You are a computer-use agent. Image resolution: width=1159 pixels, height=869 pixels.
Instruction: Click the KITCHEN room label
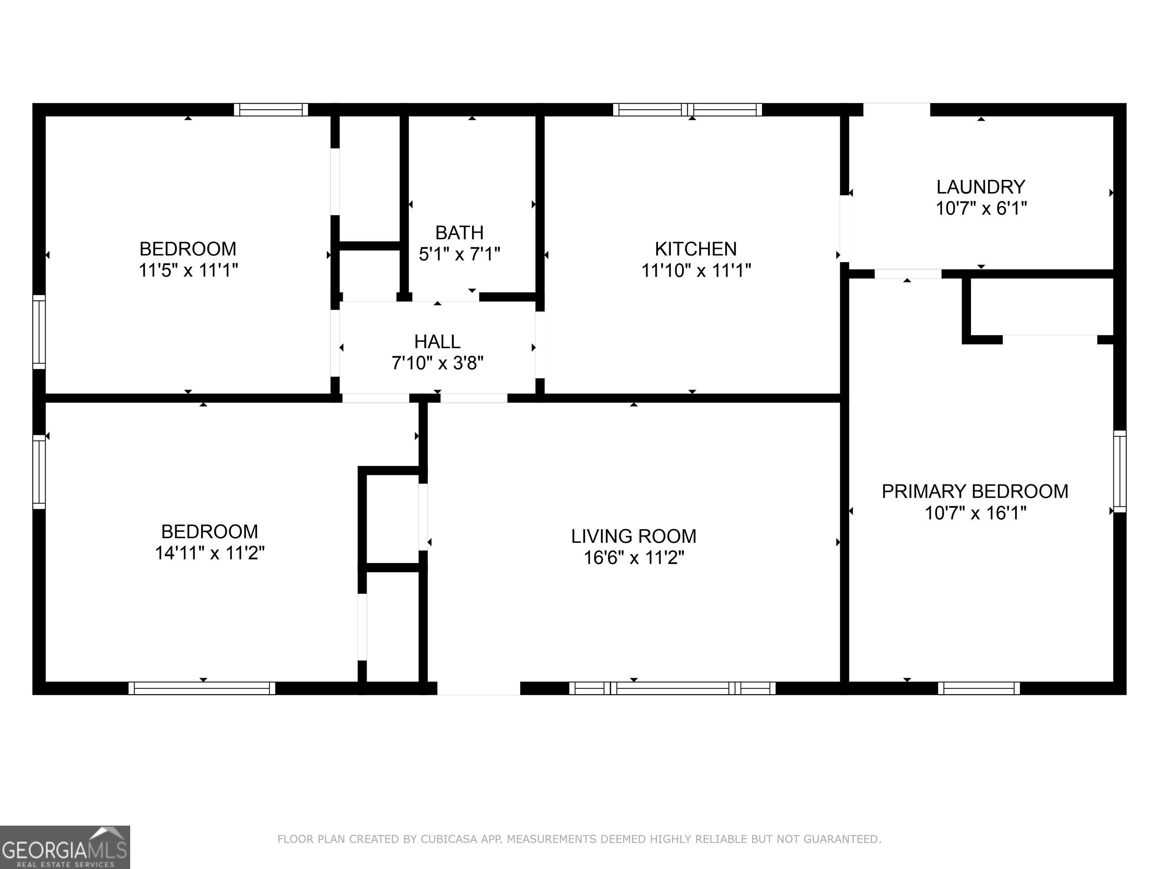point(696,249)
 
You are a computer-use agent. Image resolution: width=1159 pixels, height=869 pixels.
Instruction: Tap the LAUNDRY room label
point(981,187)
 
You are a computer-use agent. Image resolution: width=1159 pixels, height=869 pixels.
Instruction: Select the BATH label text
point(460,233)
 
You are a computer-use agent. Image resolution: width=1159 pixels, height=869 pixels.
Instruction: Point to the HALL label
point(438,341)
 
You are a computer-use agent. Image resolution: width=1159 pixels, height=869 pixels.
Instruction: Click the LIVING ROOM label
point(634,536)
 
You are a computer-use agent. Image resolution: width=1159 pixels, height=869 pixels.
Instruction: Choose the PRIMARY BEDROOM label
point(975,491)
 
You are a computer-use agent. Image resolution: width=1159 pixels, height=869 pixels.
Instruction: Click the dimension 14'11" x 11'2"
point(210,553)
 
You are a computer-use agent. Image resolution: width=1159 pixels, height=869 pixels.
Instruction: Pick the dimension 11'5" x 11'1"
point(188,270)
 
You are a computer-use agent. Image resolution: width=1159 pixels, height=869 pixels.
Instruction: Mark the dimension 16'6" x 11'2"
point(634,558)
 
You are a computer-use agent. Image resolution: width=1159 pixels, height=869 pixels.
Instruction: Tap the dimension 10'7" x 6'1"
point(981,209)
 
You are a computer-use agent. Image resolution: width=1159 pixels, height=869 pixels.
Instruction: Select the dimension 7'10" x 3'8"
point(438,363)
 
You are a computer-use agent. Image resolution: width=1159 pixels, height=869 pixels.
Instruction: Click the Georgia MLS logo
point(65,848)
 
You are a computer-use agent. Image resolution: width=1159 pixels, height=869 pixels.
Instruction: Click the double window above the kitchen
point(687,109)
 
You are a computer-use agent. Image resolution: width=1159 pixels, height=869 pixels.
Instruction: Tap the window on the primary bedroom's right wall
point(1120,471)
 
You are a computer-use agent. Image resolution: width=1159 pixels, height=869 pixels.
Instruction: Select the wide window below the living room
point(672,688)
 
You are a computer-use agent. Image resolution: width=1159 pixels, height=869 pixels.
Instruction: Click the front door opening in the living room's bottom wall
point(478,688)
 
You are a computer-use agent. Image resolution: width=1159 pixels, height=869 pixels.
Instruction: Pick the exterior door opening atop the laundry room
point(896,109)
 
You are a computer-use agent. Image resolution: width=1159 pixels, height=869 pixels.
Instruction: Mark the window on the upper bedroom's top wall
point(271,109)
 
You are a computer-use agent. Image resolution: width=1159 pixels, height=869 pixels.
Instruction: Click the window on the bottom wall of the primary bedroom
point(979,688)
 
